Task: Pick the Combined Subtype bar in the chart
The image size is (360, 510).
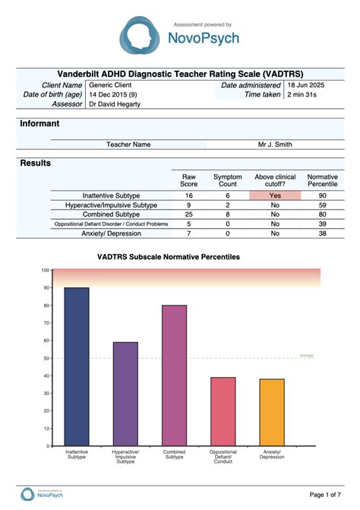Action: [x=174, y=375]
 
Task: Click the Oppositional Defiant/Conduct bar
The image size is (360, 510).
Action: [x=223, y=411]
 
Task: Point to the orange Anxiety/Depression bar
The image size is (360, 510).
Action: [x=272, y=412]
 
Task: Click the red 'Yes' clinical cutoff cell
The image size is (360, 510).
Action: [x=274, y=195]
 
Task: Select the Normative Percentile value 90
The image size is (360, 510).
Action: [x=323, y=195]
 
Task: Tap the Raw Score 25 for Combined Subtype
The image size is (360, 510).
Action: [x=188, y=214]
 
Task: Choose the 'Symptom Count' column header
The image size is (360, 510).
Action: [x=227, y=180]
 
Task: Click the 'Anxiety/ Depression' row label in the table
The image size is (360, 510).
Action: [x=111, y=233]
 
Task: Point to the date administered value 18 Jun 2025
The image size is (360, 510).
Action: [x=307, y=85]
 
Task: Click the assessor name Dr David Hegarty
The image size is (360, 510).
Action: [x=115, y=103]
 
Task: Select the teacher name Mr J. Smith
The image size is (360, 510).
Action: [x=274, y=144]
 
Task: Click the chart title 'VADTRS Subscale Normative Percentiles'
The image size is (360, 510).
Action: [x=169, y=258]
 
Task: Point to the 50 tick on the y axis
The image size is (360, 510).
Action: [x=46, y=358]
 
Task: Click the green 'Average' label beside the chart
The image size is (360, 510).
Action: [x=306, y=355]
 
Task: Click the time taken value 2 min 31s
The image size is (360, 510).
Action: [x=302, y=94]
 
